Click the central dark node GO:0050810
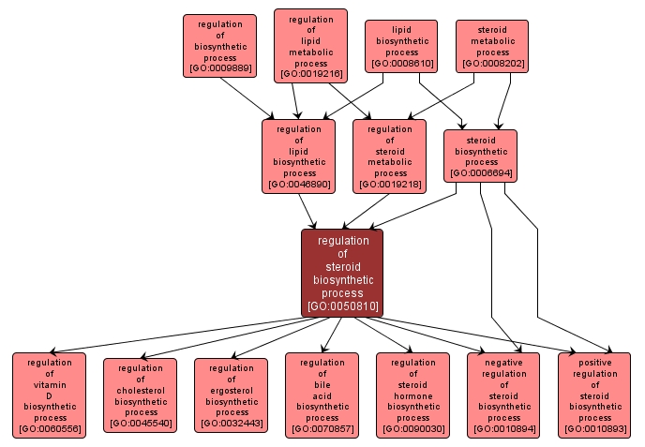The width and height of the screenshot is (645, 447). pyautogui.click(x=342, y=272)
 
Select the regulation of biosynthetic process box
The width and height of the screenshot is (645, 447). pyautogui.click(x=219, y=45)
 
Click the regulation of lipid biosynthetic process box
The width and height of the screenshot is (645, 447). pyautogui.click(x=298, y=156)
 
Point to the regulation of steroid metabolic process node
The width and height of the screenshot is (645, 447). pyautogui.click(x=389, y=156)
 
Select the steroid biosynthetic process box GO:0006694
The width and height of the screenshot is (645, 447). pyautogui.click(x=480, y=156)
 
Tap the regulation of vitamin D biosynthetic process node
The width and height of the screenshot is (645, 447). pyautogui.click(x=49, y=395)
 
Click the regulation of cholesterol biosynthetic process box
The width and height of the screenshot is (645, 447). pyautogui.click(x=140, y=395)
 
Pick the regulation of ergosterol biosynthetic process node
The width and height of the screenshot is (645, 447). pyautogui.click(x=231, y=395)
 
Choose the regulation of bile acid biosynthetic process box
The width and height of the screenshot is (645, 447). pyautogui.click(x=322, y=395)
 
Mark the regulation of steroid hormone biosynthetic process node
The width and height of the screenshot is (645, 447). pyautogui.click(x=412, y=395)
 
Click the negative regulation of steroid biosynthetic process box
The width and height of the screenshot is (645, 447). pyautogui.click(x=503, y=395)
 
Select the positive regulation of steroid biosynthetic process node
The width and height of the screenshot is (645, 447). pyautogui.click(x=594, y=395)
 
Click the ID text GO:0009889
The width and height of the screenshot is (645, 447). pyautogui.click(x=219, y=68)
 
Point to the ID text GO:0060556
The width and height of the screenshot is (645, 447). pyautogui.click(x=49, y=429)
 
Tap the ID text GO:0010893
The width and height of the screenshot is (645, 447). pyautogui.click(x=594, y=429)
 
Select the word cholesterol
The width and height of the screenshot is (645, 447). pyautogui.click(x=140, y=390)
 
